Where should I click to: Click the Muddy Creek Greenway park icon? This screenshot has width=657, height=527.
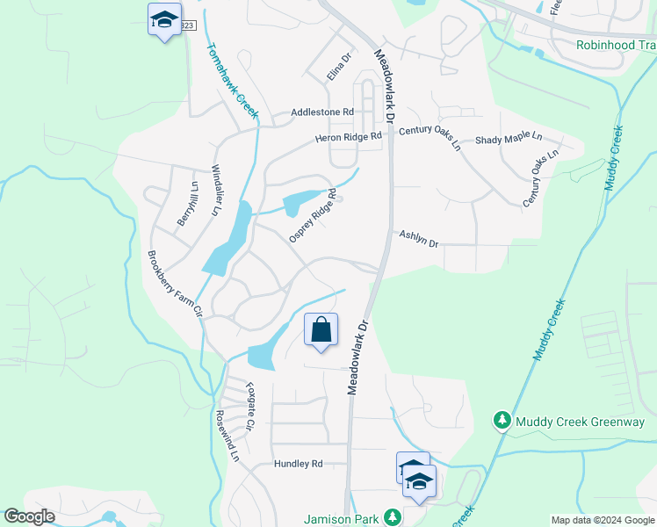coord(502,422)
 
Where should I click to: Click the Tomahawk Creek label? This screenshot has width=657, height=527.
coord(232,81)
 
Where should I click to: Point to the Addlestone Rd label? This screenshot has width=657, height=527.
coord(322,112)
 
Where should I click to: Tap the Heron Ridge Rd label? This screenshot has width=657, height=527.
coord(349,137)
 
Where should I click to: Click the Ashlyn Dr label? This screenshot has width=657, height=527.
coord(419,239)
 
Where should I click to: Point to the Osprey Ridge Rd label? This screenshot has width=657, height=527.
coord(314,216)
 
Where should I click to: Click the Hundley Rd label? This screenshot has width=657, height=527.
coord(299,464)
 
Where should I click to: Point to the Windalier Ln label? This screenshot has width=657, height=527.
coord(214,190)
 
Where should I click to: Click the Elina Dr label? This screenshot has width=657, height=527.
coord(339,68)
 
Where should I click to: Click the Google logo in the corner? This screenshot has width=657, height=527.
coord(30,516)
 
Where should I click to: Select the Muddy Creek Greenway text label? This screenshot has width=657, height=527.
coord(581,422)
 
